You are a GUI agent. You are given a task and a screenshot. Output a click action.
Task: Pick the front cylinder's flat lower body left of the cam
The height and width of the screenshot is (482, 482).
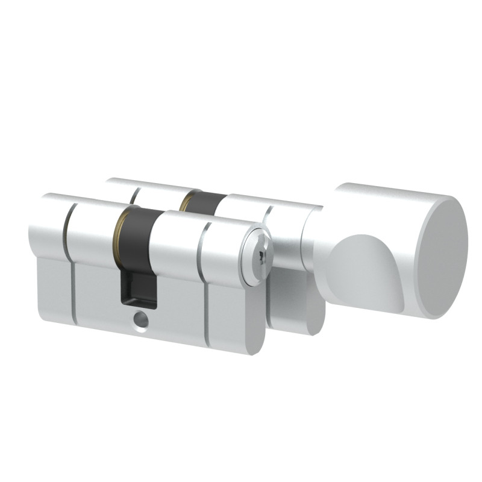tap(96, 289)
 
